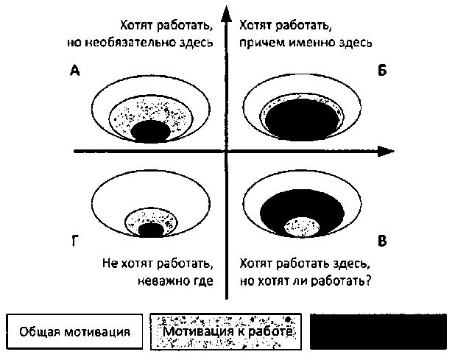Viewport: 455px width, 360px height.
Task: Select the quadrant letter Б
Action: pos(382,71)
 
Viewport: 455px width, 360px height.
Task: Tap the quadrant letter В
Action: pos(382,241)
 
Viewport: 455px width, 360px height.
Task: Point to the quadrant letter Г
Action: pos(75,241)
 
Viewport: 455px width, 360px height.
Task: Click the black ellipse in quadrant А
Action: pos(151,132)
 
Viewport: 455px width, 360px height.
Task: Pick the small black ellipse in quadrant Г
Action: pos(151,230)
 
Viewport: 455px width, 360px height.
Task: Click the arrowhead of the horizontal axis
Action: pos(383,152)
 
